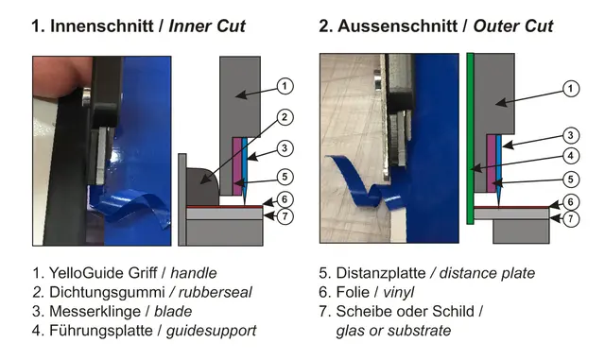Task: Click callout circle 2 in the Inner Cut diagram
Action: (x=285, y=117)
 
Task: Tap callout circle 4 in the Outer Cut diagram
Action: (x=570, y=156)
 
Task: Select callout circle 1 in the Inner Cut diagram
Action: (x=285, y=86)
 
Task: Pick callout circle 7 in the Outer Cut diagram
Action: (x=570, y=219)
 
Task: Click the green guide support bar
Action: (x=470, y=138)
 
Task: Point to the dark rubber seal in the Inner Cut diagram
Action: (x=201, y=186)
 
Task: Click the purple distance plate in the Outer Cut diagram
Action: (x=491, y=163)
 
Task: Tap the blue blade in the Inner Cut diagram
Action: (x=245, y=170)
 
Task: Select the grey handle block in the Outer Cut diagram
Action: (x=493, y=123)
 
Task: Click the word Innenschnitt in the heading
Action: (x=102, y=26)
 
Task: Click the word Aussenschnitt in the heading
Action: (x=397, y=26)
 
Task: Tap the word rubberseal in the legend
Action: (x=215, y=292)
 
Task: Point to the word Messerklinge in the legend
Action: (x=95, y=312)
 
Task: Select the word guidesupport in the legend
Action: (x=211, y=331)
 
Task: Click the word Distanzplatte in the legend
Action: (x=381, y=273)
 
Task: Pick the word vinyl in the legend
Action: (x=399, y=292)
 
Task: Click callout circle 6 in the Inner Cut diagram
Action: (x=285, y=199)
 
